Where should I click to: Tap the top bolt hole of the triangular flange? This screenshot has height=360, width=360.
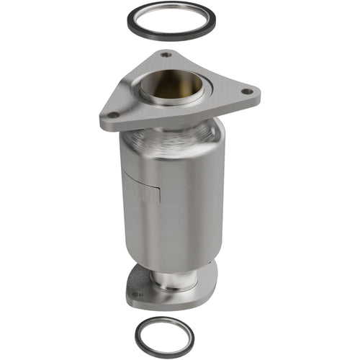[166, 54]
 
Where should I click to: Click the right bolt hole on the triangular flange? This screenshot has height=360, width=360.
[247, 91]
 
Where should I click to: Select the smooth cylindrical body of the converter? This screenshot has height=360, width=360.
[180, 194]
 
